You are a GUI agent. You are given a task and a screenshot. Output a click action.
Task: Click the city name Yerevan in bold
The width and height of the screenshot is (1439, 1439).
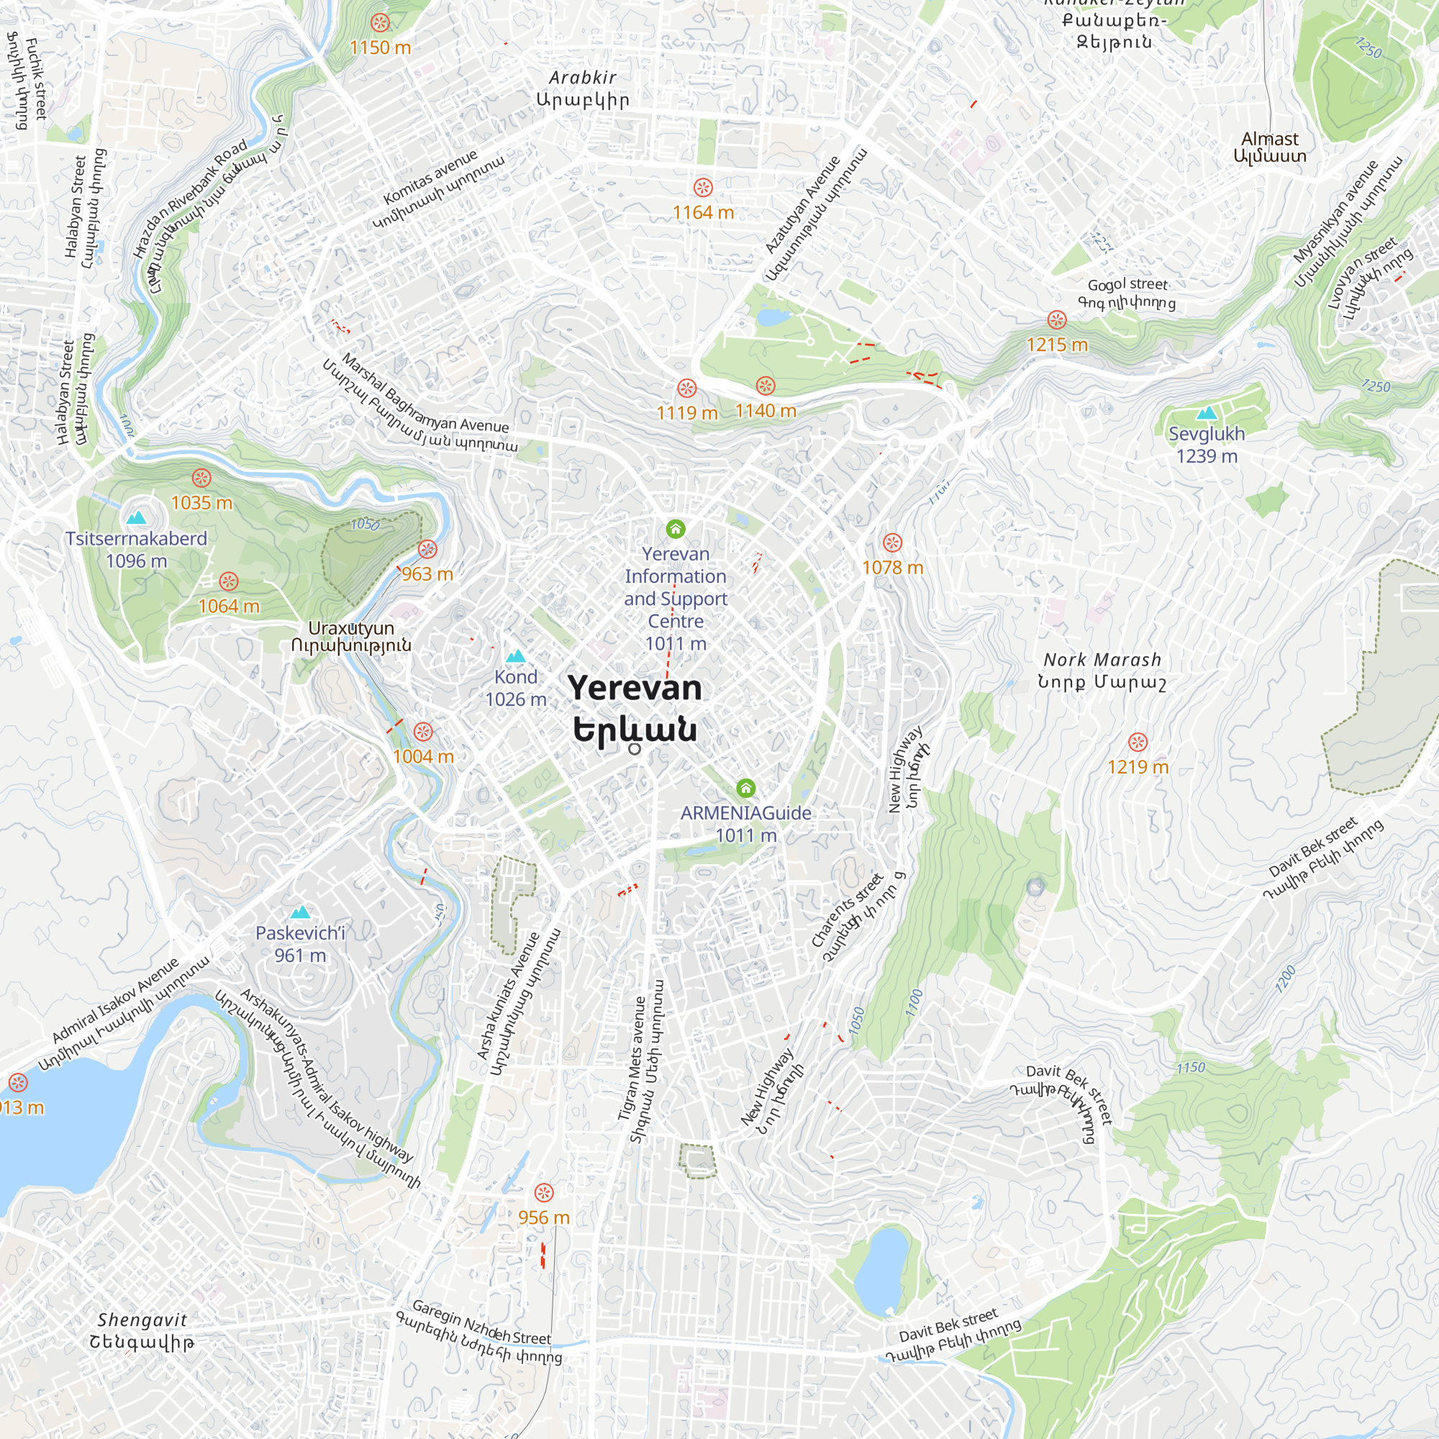pos(635,689)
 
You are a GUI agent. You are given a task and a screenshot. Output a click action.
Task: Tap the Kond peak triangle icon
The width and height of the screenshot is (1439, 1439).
pos(515,656)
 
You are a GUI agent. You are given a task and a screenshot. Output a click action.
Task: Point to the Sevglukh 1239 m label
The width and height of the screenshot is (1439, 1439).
pos(1207,445)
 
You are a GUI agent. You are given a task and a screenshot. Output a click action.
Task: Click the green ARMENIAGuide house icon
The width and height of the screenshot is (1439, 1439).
pos(745,788)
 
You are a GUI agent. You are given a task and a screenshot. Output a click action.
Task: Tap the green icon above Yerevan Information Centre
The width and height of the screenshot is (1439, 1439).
pos(676,529)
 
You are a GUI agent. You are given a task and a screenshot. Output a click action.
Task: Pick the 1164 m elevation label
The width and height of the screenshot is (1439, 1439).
pos(702,213)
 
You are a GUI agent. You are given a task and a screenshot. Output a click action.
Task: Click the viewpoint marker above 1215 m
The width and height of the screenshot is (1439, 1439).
pos(1057,320)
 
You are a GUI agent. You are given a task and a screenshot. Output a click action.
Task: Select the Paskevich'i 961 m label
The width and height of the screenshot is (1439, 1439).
pos(300,944)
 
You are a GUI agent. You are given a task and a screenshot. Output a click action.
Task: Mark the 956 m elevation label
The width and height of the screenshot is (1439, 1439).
pos(544,1217)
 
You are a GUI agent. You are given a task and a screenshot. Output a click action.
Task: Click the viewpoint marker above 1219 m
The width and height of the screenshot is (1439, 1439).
pos(1138,742)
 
